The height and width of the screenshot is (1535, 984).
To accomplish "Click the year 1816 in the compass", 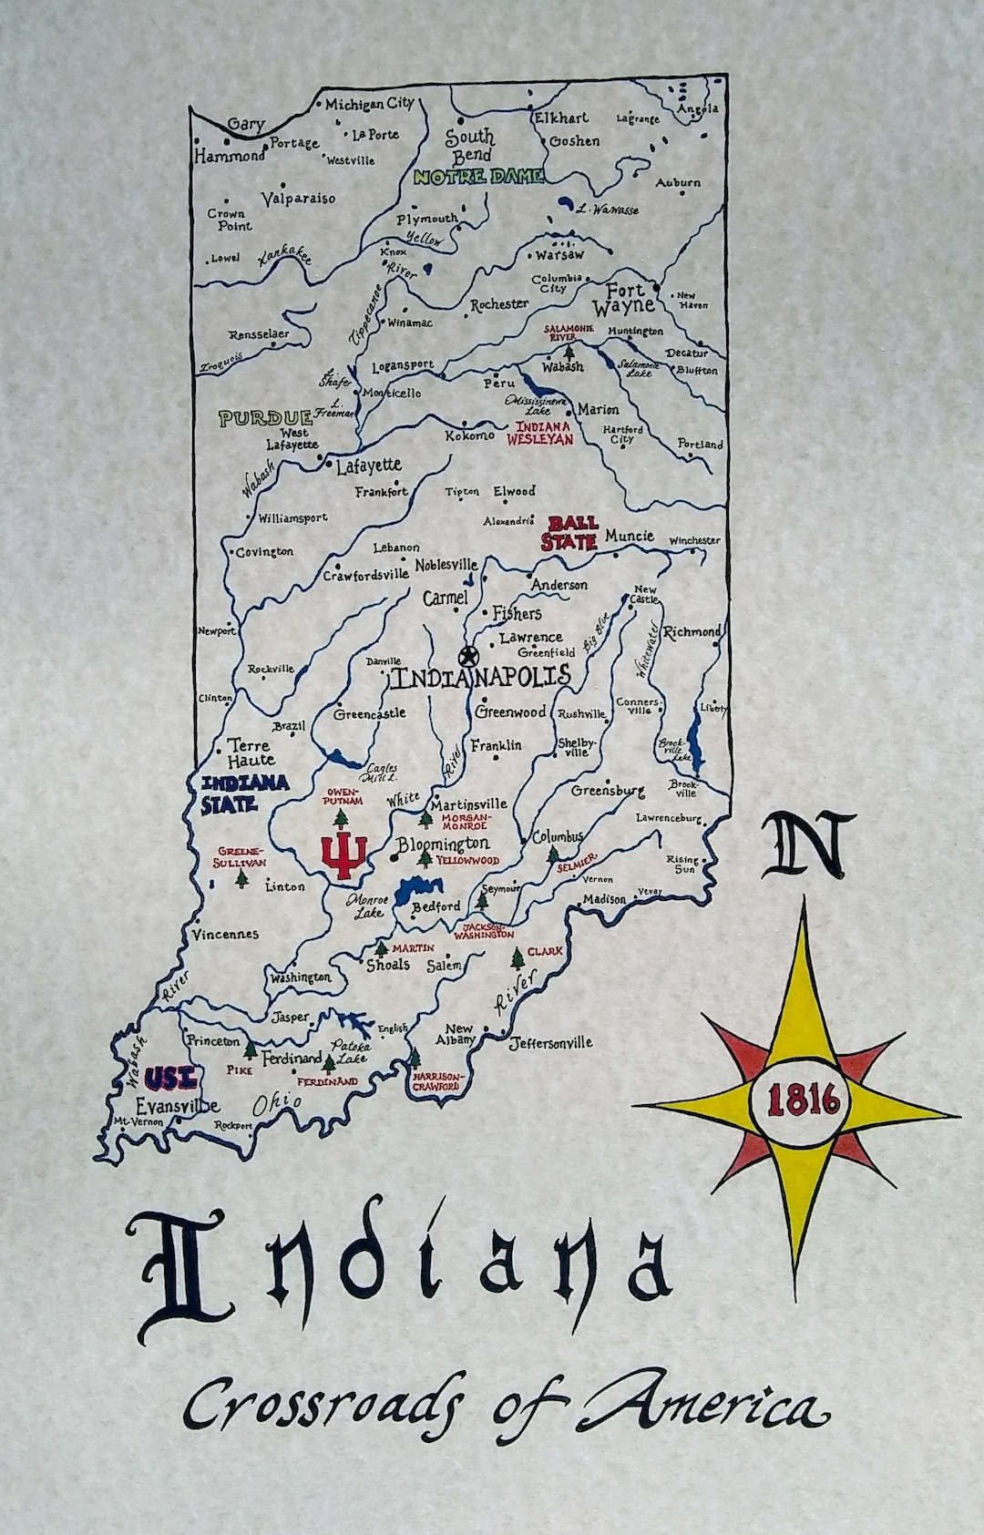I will [803, 1101].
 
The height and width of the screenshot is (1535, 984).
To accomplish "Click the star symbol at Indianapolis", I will [468, 656].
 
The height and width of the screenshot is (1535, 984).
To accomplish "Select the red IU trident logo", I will [343, 854].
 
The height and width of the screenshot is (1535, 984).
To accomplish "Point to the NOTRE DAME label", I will [477, 177].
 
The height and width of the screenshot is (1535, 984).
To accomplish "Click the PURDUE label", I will [265, 418].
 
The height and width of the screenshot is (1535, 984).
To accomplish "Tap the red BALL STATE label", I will [570, 533].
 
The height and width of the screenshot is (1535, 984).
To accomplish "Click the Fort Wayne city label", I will [625, 298].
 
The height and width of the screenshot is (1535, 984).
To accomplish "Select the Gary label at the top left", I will [246, 125].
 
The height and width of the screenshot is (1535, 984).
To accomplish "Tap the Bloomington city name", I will [443, 844].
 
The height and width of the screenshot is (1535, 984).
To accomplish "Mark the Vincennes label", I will [225, 934].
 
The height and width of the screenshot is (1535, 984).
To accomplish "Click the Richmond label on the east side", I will [692, 631].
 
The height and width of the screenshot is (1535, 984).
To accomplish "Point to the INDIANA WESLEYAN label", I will [545, 433].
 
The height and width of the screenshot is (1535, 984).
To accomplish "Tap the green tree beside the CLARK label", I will [518, 957].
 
